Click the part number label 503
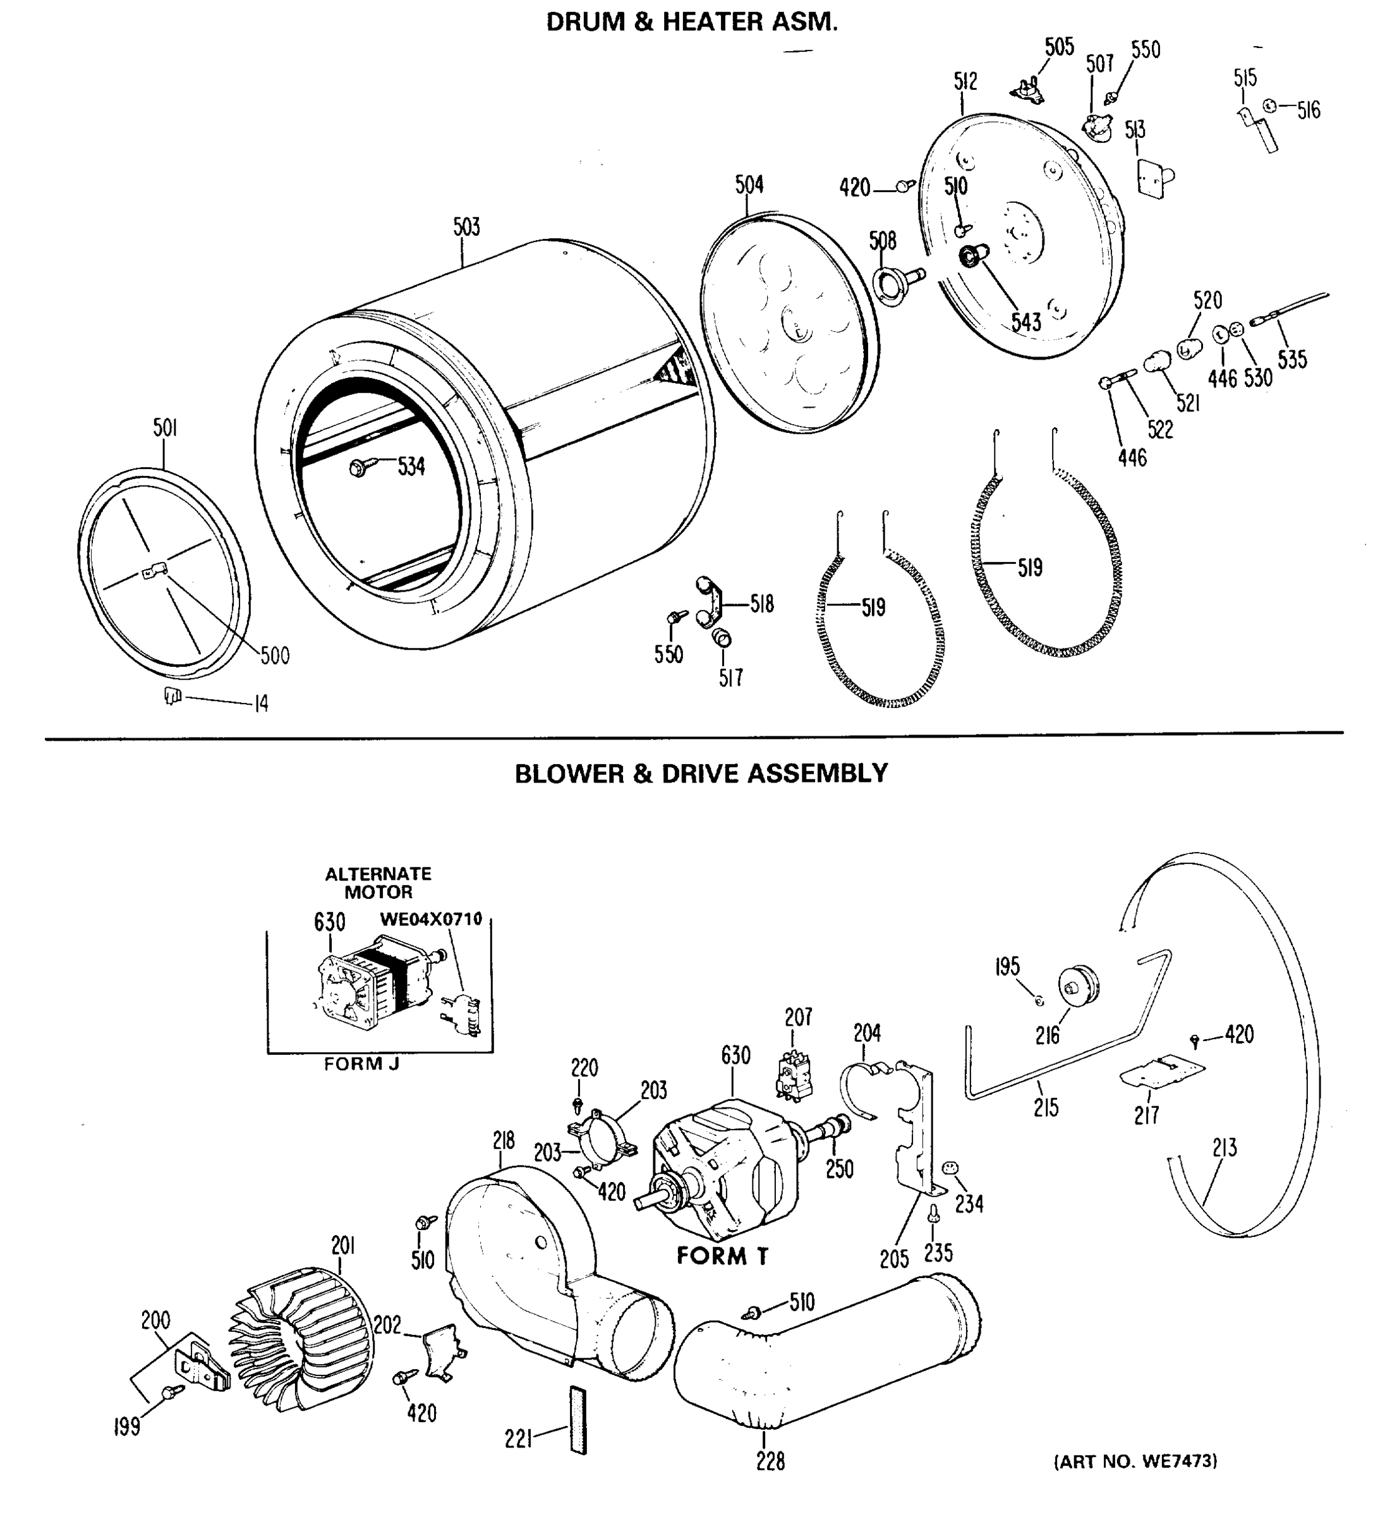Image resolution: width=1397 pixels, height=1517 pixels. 466,227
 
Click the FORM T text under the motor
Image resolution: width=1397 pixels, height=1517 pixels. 722,1256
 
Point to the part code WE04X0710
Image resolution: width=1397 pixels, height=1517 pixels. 430,920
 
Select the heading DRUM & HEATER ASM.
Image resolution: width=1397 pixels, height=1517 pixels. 692,23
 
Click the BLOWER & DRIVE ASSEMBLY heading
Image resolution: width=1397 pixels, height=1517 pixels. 701,774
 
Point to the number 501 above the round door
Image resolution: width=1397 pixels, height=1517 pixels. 165,428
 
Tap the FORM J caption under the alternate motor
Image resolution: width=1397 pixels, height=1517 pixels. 361,1064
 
